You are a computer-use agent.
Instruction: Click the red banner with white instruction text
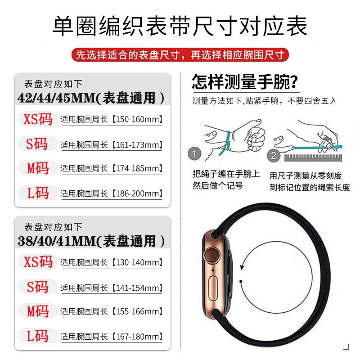pyautogui.click(x=180, y=54)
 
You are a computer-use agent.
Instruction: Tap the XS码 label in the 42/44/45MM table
pyautogui.click(x=38, y=119)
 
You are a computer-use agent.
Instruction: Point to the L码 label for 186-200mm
pyautogui.click(x=38, y=193)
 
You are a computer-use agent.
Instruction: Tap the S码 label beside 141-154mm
pyautogui.click(x=38, y=287)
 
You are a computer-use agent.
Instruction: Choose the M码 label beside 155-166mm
pyautogui.click(x=38, y=311)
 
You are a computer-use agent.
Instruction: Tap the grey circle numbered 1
pyautogui.click(x=194, y=153)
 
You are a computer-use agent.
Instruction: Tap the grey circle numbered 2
pyautogui.click(x=274, y=156)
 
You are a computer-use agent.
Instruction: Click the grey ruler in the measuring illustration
pyautogui.click(x=313, y=158)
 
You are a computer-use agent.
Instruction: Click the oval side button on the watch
pyautogui.click(x=213, y=288)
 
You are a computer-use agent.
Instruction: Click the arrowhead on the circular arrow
pyautogui.click(x=242, y=267)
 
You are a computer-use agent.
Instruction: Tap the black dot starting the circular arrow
pyautogui.click(x=241, y=281)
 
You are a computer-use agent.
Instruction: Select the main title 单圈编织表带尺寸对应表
pyautogui.click(x=180, y=26)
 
